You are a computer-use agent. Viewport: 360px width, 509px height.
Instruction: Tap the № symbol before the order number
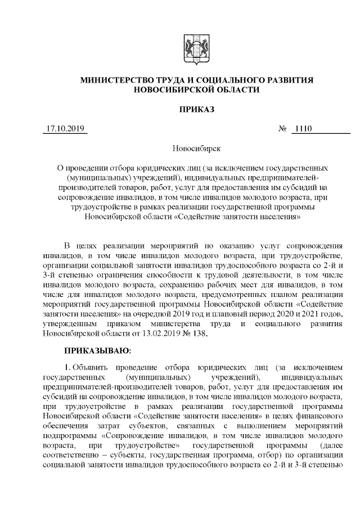click(x=283, y=129)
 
